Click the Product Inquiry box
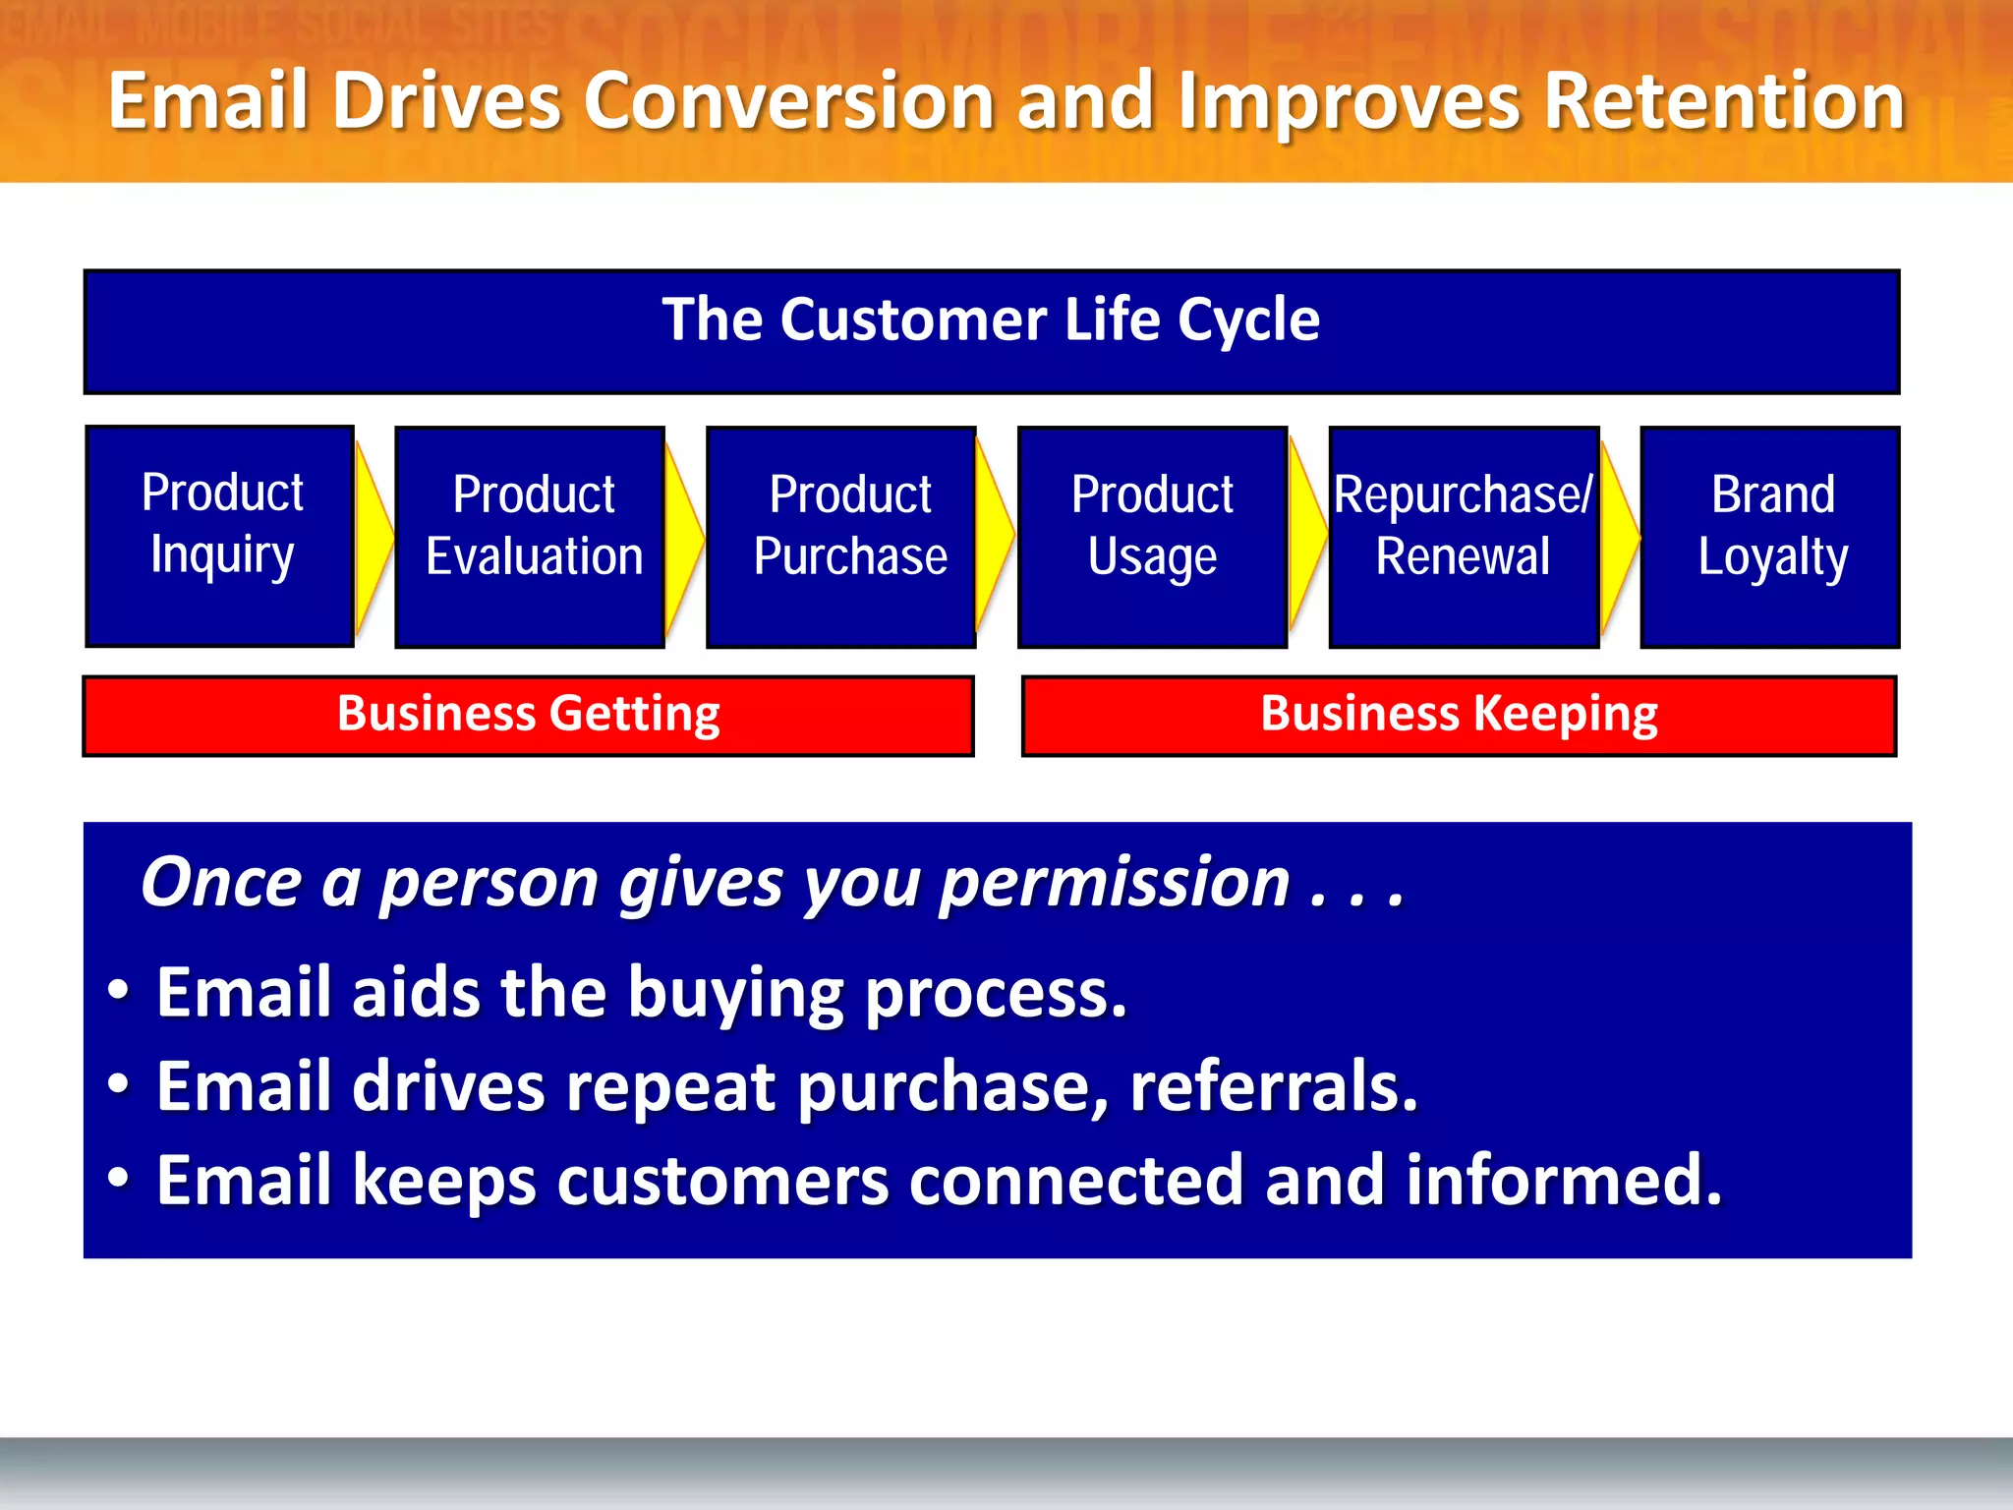(220, 536)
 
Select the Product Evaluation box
(531, 537)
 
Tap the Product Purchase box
(841, 537)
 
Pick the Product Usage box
(1152, 537)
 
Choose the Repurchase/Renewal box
(1463, 537)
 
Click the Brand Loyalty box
(1770, 537)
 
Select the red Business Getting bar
(529, 716)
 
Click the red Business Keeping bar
(1459, 716)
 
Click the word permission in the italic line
(1114, 883)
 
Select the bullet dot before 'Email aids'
(118, 991)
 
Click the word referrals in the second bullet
(1274, 1086)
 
